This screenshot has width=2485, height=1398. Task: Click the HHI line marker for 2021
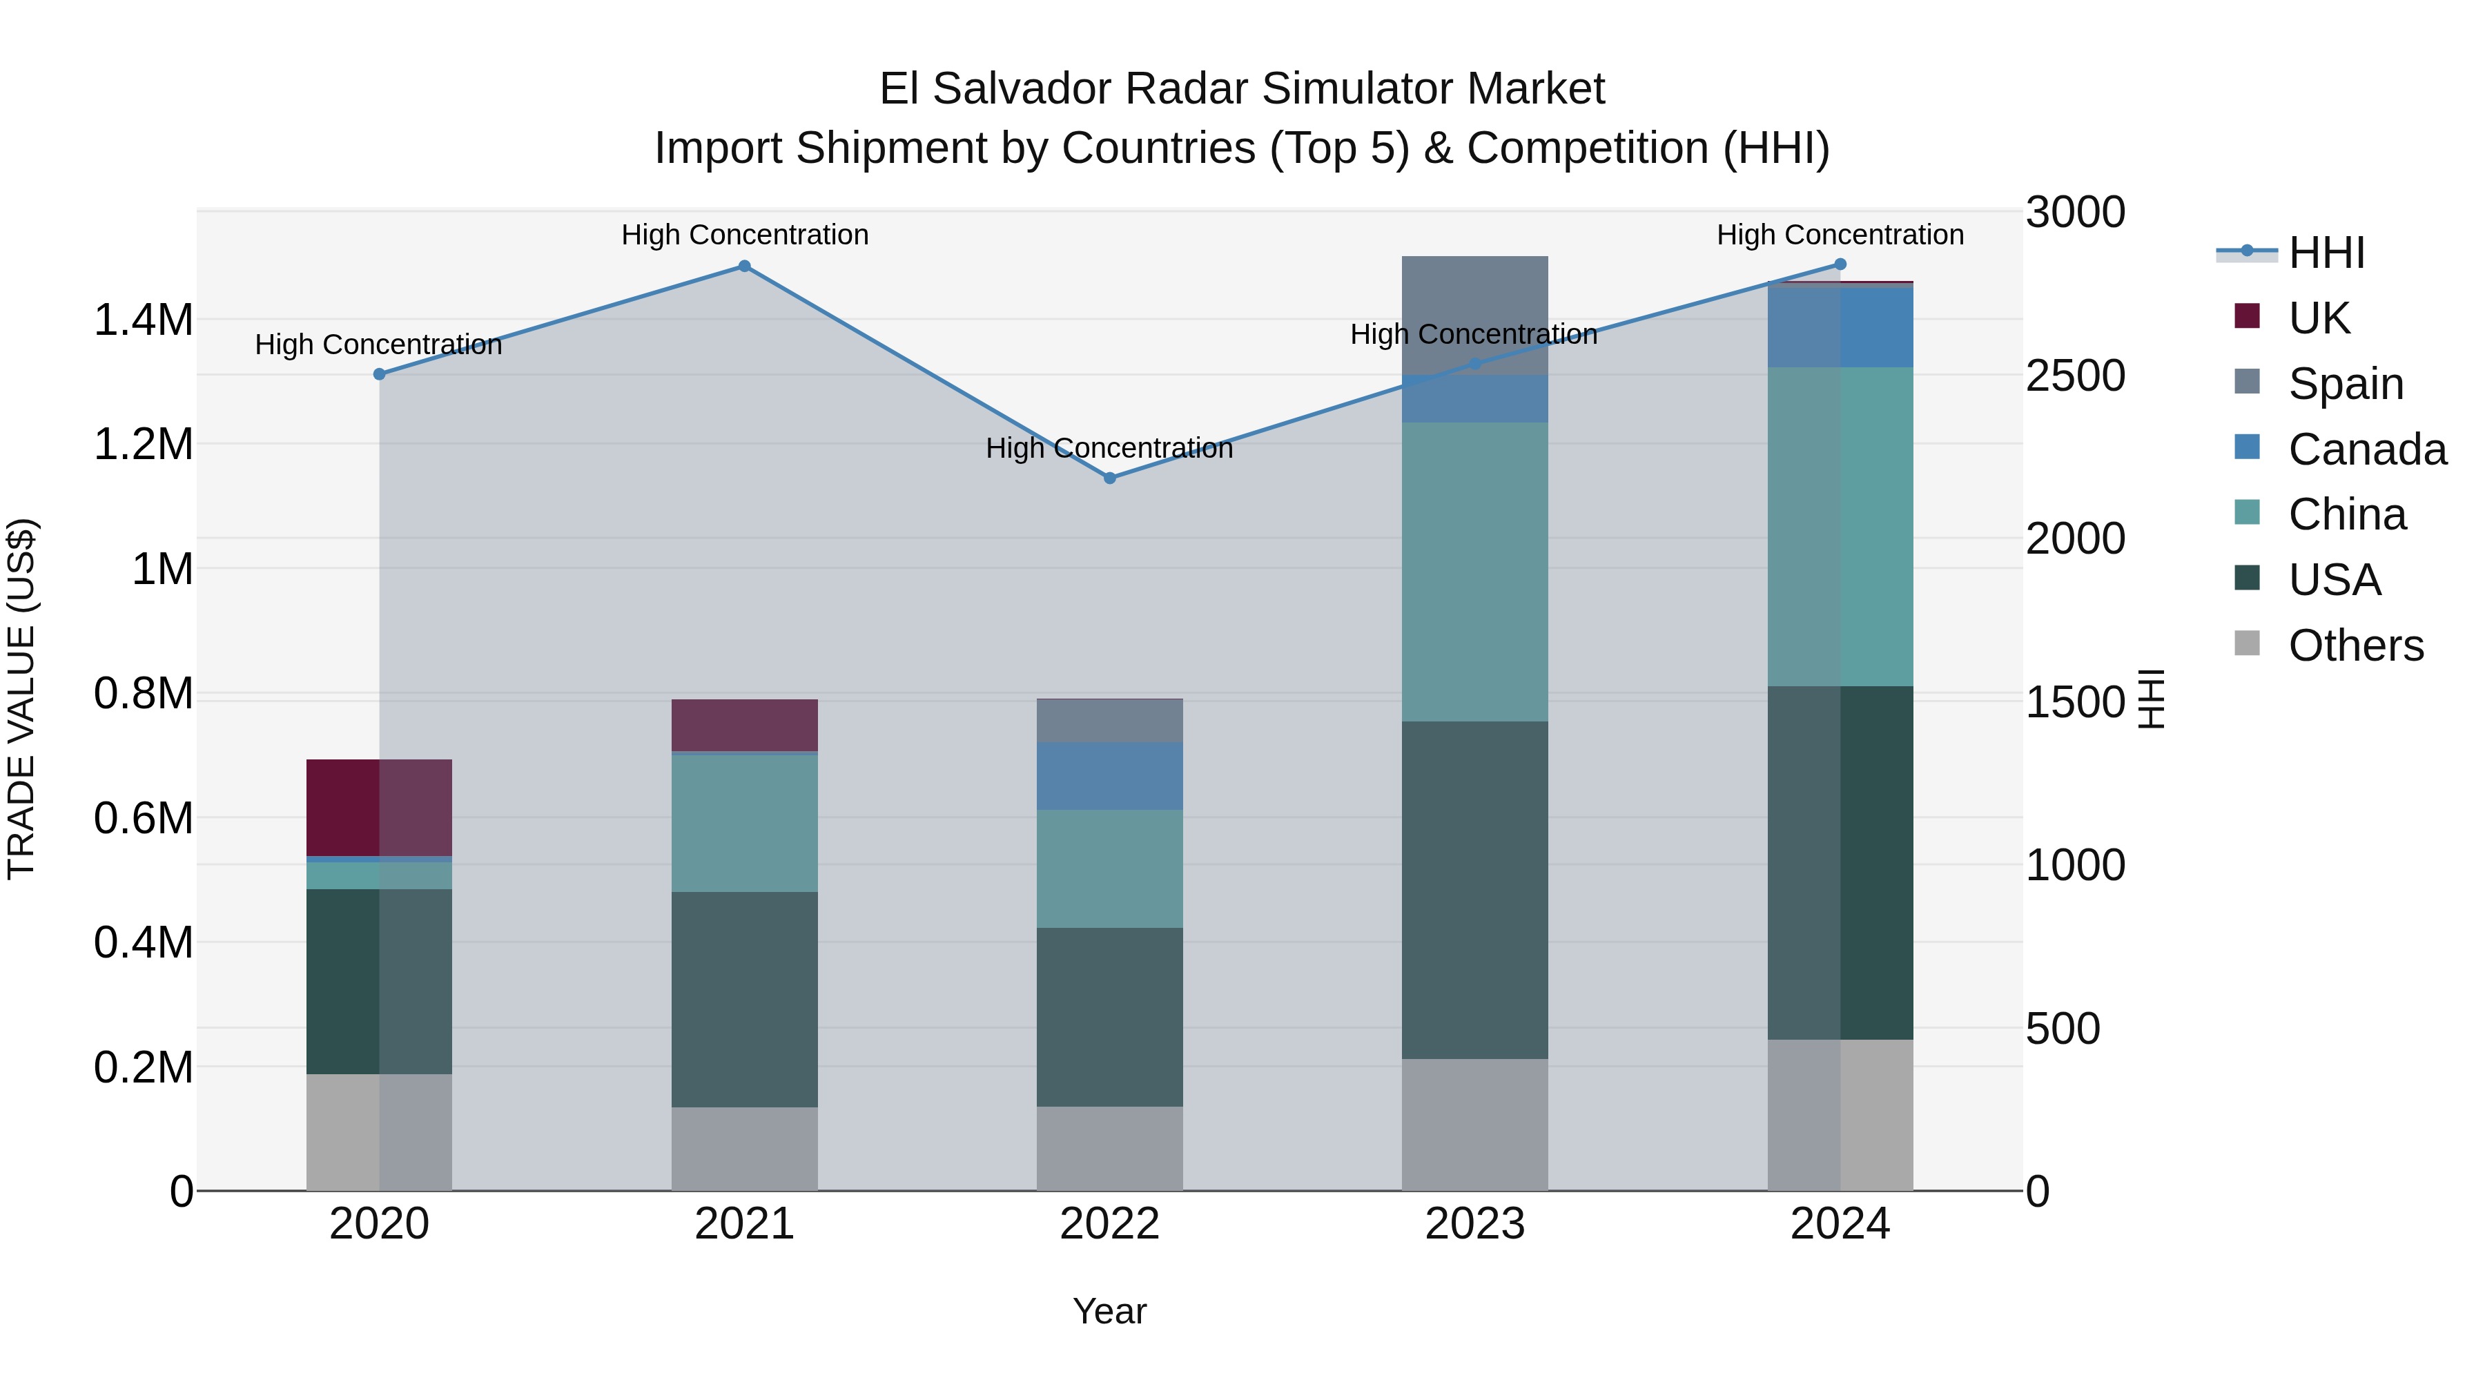coord(743,266)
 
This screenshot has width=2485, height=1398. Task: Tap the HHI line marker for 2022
coord(1109,478)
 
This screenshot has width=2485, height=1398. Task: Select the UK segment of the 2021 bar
coord(743,726)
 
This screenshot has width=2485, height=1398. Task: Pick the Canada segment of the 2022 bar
coord(1109,776)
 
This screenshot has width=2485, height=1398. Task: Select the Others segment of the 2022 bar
coord(1109,1148)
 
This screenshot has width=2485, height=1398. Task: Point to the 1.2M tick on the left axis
coord(143,445)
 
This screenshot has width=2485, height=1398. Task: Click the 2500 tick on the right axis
coord(2075,376)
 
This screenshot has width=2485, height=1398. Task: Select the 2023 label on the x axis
coord(1474,1224)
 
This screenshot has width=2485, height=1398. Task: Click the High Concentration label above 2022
coord(1109,449)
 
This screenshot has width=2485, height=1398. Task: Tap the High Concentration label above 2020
coord(378,344)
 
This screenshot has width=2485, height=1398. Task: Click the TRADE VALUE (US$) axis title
coord(21,699)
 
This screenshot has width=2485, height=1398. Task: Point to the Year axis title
coord(1109,1311)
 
